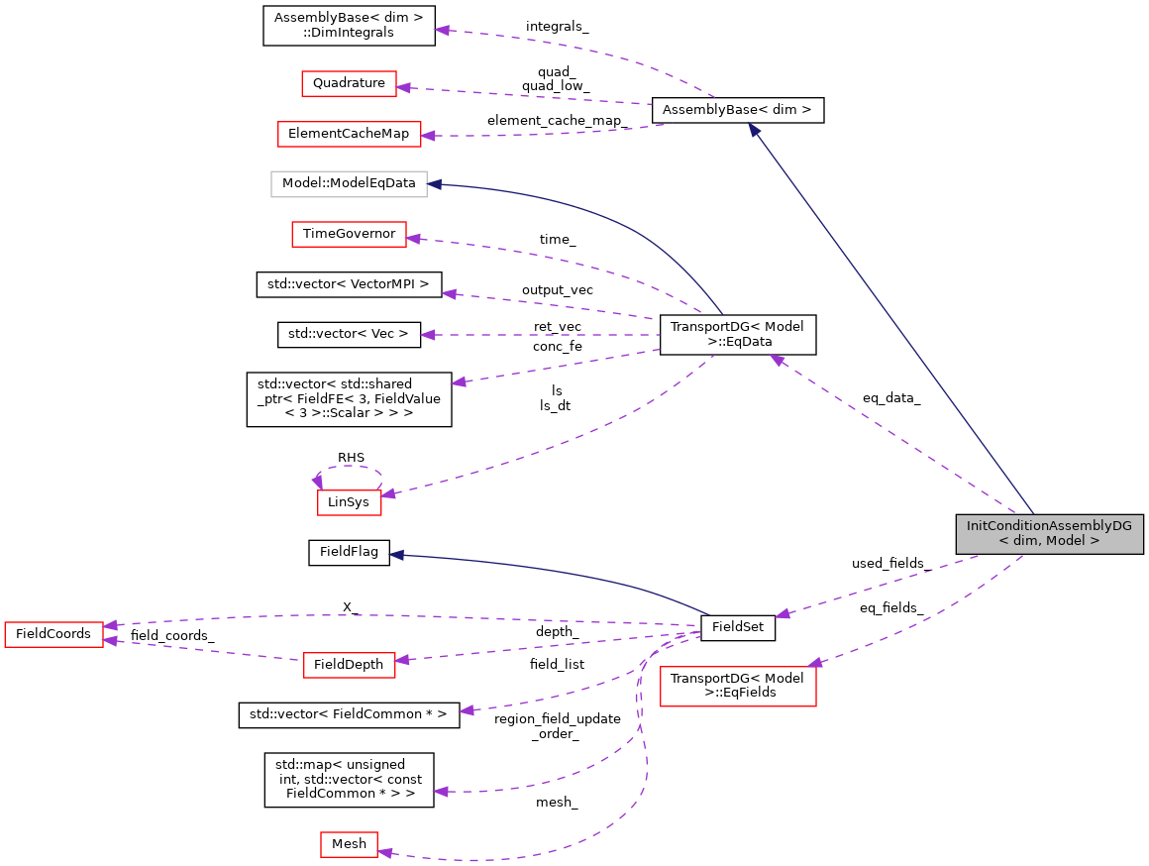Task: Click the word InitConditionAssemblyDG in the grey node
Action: [1049, 526]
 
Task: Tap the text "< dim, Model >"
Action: [1049, 541]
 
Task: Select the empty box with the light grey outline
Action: [349, 184]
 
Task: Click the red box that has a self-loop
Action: [349, 502]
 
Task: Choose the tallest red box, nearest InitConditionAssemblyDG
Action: [738, 686]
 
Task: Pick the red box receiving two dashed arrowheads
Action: [53, 634]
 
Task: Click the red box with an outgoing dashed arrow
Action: [349, 665]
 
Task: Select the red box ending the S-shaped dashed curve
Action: [349, 844]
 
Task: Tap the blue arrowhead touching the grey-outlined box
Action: [434, 184]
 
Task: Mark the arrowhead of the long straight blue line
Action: [754, 130]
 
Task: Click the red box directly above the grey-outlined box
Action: [349, 134]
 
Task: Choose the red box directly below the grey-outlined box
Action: [349, 234]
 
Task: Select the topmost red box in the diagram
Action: [349, 83]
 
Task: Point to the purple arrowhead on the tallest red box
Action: [814, 662]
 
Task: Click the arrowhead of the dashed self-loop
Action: [317, 482]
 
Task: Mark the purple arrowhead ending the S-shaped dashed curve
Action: [385, 852]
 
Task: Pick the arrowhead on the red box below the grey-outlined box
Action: [413, 238]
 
